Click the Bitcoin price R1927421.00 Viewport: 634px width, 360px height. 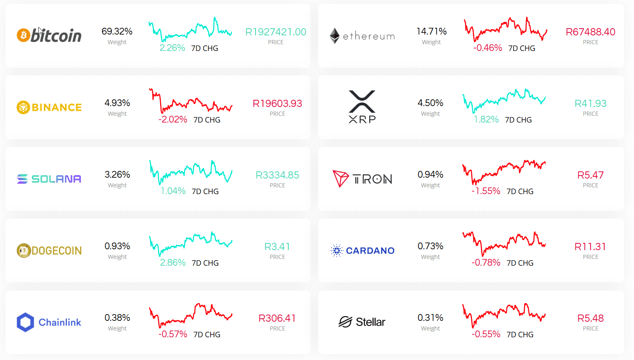point(276,32)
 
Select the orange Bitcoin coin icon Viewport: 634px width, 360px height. point(23,35)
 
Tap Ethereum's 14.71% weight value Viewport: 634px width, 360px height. point(432,32)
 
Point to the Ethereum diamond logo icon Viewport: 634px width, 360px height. point(335,36)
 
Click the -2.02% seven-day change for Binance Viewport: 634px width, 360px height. point(173,120)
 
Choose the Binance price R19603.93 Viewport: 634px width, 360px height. point(277,104)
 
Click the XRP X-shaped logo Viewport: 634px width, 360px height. point(362,101)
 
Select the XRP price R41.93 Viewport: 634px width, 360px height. point(590,104)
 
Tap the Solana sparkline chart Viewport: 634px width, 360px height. point(191,171)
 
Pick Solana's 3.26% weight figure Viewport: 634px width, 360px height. point(117,175)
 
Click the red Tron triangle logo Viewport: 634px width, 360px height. point(341,179)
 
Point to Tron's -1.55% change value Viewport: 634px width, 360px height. point(486,191)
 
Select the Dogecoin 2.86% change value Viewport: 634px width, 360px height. point(173,263)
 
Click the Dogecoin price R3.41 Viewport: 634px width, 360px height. point(277,247)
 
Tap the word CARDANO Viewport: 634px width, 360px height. point(370,251)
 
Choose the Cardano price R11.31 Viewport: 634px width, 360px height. point(590,247)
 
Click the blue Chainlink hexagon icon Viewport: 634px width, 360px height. point(25,322)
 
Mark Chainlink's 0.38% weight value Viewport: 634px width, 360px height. point(117,318)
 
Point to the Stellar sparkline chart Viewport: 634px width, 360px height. point(504,314)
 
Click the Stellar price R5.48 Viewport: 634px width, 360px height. point(590,318)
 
